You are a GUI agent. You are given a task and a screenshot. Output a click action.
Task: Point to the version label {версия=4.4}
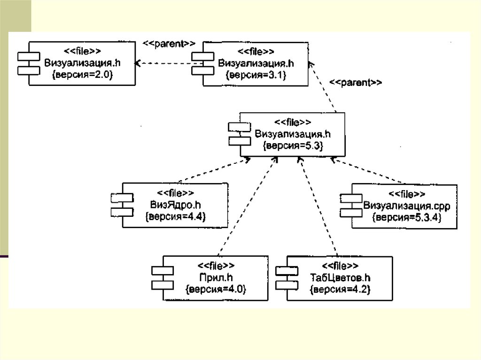tap(176, 216)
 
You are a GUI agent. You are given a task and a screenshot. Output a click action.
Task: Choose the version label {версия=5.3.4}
tap(406, 218)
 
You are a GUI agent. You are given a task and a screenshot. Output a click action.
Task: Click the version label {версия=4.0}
tap(216, 289)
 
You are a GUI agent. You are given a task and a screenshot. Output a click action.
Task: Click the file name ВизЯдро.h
tap(176, 205)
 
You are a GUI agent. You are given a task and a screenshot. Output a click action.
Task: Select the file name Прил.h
tap(216, 277)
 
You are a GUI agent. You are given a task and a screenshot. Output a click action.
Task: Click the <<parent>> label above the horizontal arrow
tap(169, 43)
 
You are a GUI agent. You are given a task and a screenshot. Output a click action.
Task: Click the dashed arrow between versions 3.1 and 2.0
tap(163, 63)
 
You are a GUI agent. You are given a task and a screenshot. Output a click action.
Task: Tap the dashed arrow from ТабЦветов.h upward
tap(318, 207)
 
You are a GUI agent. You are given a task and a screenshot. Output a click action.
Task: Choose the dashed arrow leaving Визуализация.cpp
tap(366, 171)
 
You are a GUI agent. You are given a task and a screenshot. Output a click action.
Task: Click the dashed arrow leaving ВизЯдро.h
tap(214, 171)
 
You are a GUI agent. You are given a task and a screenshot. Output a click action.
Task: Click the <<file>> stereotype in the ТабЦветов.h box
tap(341, 266)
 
